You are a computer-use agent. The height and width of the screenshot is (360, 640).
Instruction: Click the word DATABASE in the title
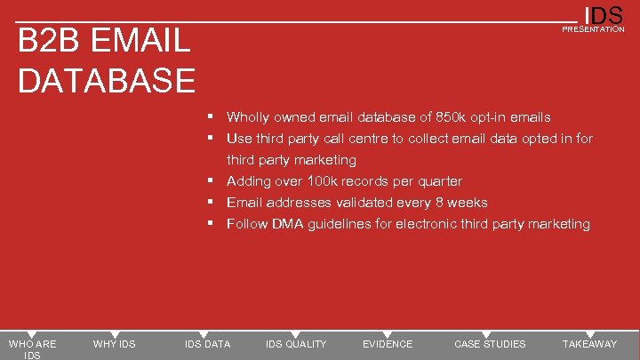coord(107,80)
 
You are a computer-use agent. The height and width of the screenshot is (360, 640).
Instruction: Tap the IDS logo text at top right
coord(604,15)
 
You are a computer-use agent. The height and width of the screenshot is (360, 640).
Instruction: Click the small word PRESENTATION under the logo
coord(593,29)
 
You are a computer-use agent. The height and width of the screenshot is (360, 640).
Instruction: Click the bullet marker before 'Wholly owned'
coord(212,117)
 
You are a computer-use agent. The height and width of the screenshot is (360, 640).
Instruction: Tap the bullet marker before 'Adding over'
coord(212,181)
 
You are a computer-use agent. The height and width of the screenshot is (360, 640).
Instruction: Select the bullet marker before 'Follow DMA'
coord(212,224)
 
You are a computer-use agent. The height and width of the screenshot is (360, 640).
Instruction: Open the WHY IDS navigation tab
coord(115,344)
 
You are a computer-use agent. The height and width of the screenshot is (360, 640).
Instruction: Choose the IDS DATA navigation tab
coord(207,344)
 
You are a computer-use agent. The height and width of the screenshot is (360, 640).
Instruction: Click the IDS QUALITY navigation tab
coord(296,344)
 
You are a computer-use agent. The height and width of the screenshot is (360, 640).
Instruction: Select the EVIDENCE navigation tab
coord(388,344)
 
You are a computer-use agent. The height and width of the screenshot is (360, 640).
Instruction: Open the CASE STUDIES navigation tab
coord(490,344)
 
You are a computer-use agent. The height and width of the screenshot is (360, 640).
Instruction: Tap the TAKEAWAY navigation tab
coord(589,344)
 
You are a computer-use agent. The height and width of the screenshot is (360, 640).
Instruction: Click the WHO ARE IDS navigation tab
coord(32,348)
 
